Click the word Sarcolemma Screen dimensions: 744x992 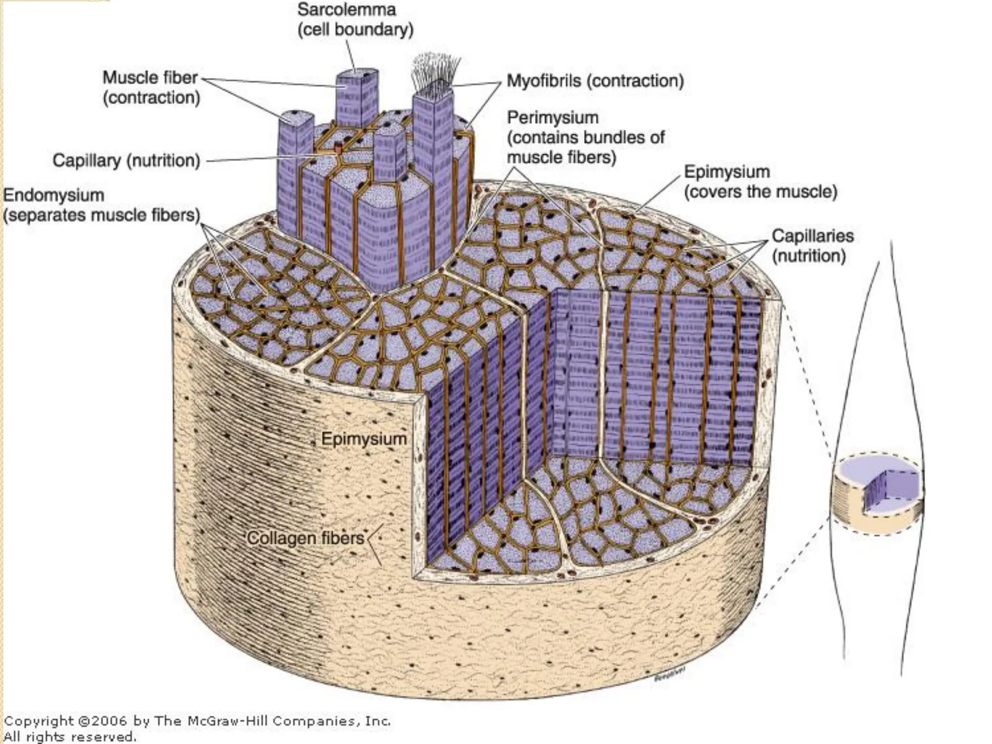[346, 10]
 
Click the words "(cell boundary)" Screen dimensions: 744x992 [356, 30]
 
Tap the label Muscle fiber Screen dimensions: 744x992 [150, 77]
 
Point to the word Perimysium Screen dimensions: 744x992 [553, 118]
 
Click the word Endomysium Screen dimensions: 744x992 [54, 195]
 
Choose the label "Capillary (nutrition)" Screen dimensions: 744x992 [126, 160]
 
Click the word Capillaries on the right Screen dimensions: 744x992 [812, 236]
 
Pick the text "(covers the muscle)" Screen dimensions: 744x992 [760, 192]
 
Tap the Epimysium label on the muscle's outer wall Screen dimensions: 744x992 [364, 439]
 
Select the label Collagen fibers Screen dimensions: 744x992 [306, 538]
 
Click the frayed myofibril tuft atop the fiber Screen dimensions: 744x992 [434, 73]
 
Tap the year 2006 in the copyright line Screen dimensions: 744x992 [109, 721]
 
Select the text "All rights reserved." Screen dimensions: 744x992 [70, 737]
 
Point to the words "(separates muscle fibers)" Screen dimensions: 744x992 [102, 216]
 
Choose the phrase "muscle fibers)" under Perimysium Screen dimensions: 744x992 [561, 157]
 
